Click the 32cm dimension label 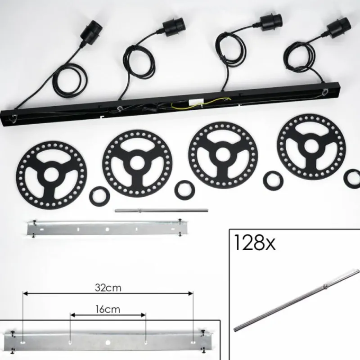108,288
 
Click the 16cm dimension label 108,309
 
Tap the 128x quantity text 255,243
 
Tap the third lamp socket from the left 271,23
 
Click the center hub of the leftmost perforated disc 51,175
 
